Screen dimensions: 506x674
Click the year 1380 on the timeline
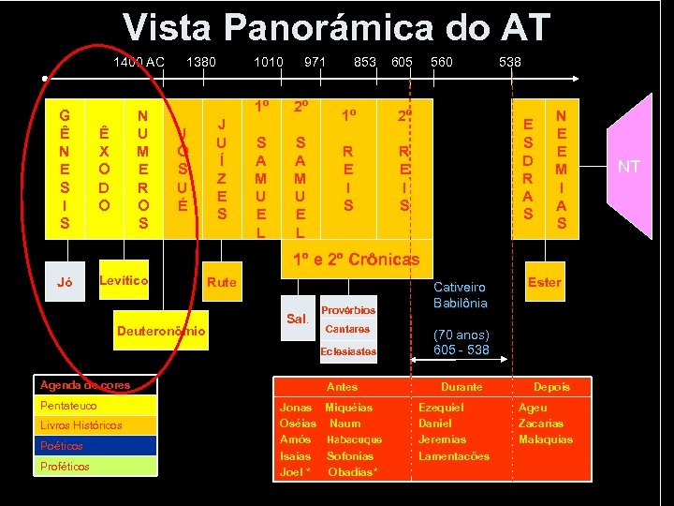(201, 62)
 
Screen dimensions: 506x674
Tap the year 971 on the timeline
(315, 62)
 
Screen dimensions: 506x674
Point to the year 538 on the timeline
(510, 62)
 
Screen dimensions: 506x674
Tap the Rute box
(222, 281)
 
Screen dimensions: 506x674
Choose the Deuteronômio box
(161, 332)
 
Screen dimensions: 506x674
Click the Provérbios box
(347, 309)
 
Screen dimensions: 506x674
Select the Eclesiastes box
(347, 351)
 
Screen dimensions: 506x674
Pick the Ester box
(544, 280)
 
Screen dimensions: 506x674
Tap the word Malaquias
(546, 439)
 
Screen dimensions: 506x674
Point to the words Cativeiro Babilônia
(461, 295)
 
